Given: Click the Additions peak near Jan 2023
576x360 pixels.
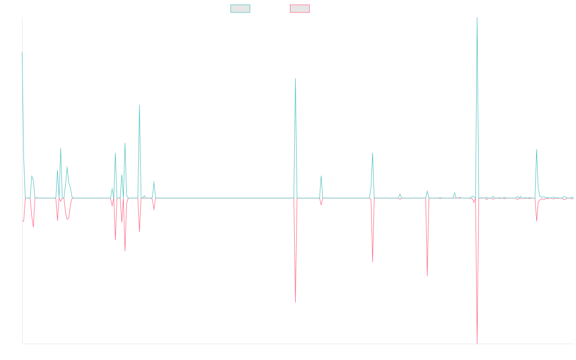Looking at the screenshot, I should pyautogui.click(x=295, y=79).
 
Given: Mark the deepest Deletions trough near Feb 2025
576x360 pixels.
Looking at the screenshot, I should pyautogui.click(x=477, y=343).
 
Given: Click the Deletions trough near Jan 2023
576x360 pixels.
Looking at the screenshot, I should pyautogui.click(x=295, y=302).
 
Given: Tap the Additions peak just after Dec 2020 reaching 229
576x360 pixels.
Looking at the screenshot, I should pyautogui.click(x=140, y=105).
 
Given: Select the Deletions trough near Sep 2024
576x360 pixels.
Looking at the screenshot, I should pyautogui.click(x=427, y=276).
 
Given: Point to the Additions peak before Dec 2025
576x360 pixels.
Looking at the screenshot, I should pyautogui.click(x=537, y=150).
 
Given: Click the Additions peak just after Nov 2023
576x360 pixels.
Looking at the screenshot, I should pyautogui.click(x=372, y=153).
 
